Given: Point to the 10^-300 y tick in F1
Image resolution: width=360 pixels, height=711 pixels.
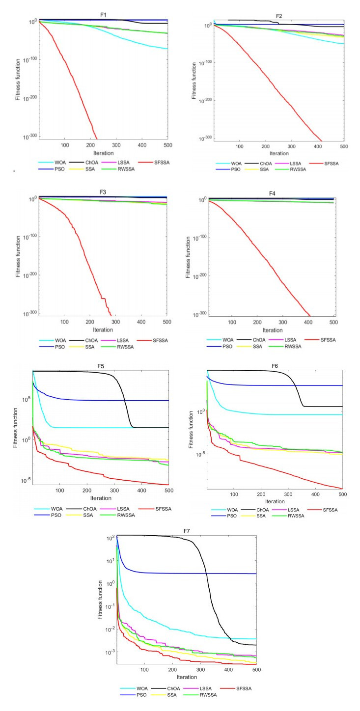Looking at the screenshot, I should coord(28,137).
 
